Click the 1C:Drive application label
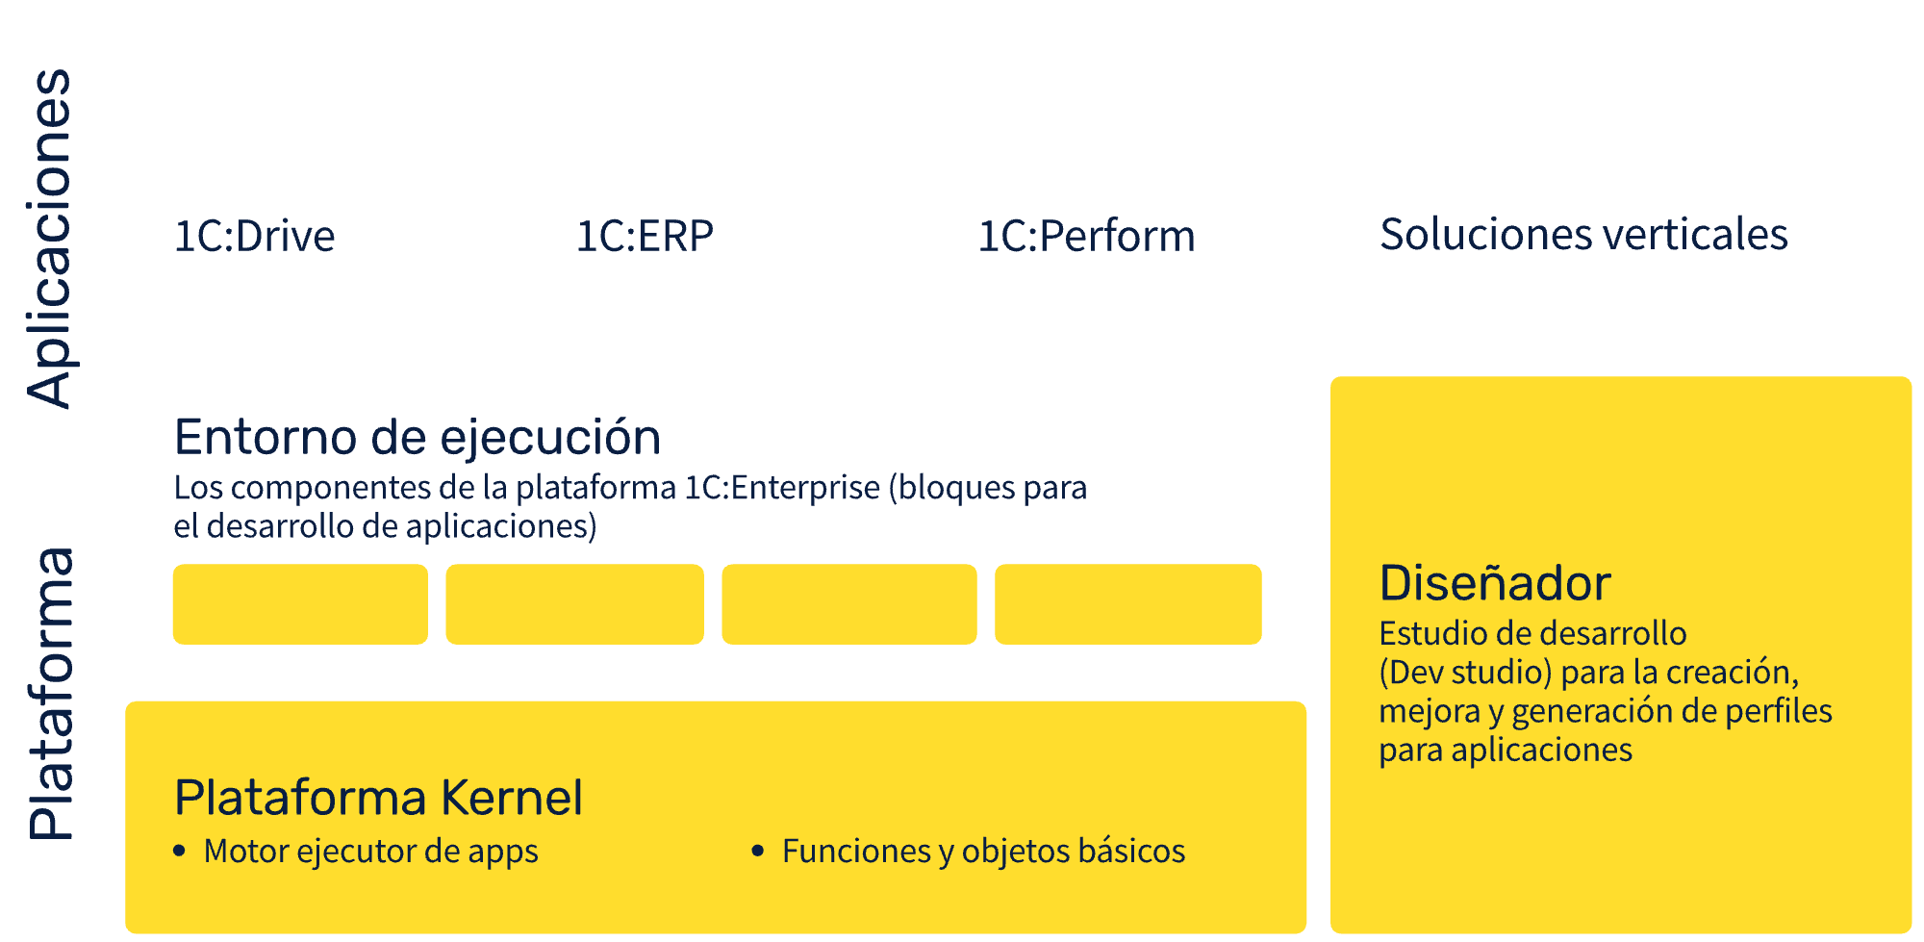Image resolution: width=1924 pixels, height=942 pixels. pyautogui.click(x=254, y=236)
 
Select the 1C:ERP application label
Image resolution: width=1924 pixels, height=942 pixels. pyautogui.click(x=645, y=236)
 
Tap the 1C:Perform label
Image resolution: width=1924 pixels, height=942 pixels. pyautogui.click(x=1086, y=236)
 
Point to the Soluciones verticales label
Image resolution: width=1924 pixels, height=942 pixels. pyautogui.click(x=1583, y=234)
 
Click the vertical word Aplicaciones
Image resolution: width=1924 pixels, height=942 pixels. pyautogui.click(x=50, y=239)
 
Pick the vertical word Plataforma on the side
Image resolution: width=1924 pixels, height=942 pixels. pyautogui.click(x=50, y=694)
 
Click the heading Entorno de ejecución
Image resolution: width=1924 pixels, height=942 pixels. pyautogui.click(x=418, y=438)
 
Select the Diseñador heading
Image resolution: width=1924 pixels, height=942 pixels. pyautogui.click(x=1494, y=583)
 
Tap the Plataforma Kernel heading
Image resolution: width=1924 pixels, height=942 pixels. pyautogui.click(x=378, y=798)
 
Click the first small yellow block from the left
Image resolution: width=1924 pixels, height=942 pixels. pyautogui.click(x=300, y=604)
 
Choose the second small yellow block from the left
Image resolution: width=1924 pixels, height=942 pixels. pyautogui.click(x=574, y=604)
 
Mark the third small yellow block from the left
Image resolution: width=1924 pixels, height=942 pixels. pyautogui.click(x=849, y=604)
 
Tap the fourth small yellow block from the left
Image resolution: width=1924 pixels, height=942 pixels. pyautogui.click(x=1127, y=604)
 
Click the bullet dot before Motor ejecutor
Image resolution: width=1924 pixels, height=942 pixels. pyautogui.click(x=179, y=851)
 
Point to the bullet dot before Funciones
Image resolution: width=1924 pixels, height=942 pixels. pyautogui.click(x=758, y=851)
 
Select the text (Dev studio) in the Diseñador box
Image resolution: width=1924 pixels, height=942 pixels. pyautogui.click(x=1465, y=672)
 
